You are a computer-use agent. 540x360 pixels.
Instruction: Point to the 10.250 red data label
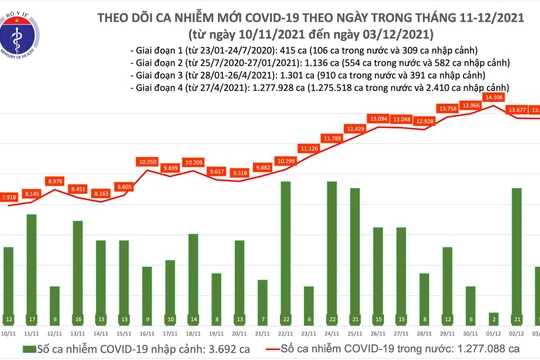147,161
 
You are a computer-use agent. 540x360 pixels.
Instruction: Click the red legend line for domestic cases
283,346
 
